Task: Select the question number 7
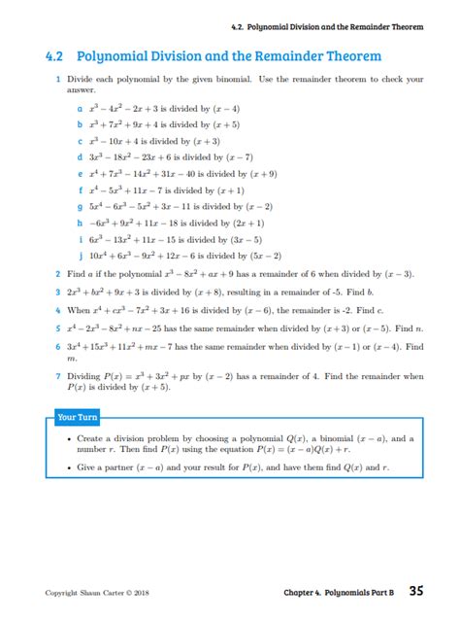(59, 375)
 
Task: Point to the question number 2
(59, 274)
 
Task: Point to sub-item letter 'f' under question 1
(79, 190)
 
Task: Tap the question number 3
(59, 291)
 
